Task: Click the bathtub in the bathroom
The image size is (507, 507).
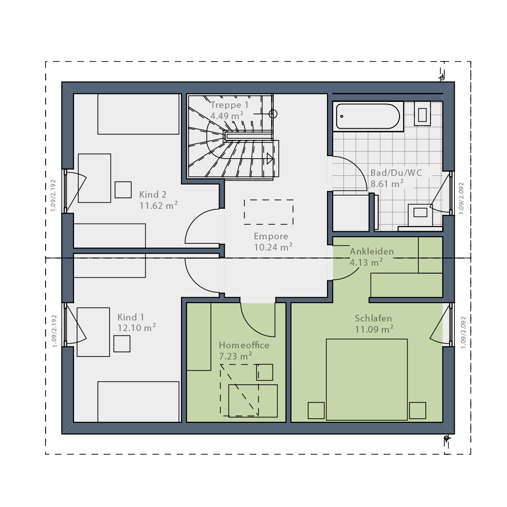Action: pyautogui.click(x=368, y=117)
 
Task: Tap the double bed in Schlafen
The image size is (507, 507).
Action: pyautogui.click(x=367, y=379)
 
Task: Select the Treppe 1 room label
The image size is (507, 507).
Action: pyautogui.click(x=229, y=105)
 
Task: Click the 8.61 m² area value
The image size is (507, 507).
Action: pyautogui.click(x=387, y=184)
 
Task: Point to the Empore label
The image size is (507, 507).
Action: pyautogui.click(x=271, y=236)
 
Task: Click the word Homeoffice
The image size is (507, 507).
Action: pyautogui.click(x=244, y=345)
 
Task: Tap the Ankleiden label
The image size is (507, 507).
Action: pyautogui.click(x=372, y=251)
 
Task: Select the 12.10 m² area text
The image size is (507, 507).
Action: pyautogui.click(x=136, y=328)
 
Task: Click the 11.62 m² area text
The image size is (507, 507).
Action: pyautogui.click(x=158, y=205)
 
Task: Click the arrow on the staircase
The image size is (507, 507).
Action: pyautogui.click(x=270, y=159)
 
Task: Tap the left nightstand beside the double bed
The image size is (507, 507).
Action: pyautogui.click(x=316, y=410)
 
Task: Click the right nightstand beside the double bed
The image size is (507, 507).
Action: pyautogui.click(x=417, y=410)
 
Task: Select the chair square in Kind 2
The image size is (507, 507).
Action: pyautogui.click(x=123, y=190)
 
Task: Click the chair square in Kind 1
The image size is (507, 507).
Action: pyautogui.click(x=122, y=344)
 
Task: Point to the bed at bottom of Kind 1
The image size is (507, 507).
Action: pyautogui.click(x=138, y=402)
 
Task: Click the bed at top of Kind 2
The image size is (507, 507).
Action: pyautogui.click(x=138, y=114)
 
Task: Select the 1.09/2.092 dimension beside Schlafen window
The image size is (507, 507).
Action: pyautogui.click(x=463, y=333)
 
